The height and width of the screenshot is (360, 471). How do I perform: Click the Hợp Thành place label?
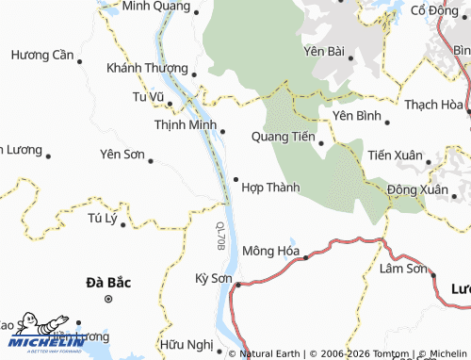pos(270,188)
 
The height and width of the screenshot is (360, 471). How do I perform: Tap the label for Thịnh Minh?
pos(186,124)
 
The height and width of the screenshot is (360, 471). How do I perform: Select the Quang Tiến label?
pos(283,137)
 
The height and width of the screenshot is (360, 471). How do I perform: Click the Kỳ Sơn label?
pos(213,278)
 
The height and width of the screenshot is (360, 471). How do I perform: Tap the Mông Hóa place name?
pos(270,251)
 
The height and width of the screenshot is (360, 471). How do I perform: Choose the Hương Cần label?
pos(42,56)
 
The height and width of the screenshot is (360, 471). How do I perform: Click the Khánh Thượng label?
pos(147,68)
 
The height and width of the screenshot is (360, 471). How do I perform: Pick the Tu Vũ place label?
pos(148,96)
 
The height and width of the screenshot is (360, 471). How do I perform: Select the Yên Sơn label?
pos(122,153)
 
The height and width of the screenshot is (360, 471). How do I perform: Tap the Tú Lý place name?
pos(101,219)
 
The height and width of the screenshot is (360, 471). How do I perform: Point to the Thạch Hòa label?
pos(433,105)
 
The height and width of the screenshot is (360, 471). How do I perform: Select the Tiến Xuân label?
pos(396,155)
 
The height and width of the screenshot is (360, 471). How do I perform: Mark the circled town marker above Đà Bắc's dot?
pos(108,299)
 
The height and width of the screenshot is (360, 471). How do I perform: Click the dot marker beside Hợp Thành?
pos(235,179)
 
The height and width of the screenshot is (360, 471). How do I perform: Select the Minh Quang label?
pos(155,7)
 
